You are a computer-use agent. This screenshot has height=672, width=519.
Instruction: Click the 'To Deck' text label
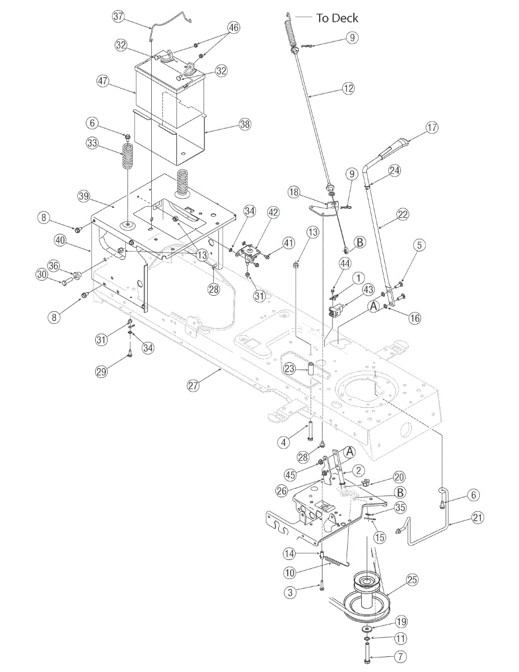tap(337, 18)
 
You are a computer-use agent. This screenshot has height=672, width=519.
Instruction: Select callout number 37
tap(118, 16)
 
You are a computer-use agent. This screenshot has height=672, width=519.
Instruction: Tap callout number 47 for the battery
tap(102, 81)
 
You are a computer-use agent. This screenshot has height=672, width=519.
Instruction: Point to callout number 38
tap(245, 125)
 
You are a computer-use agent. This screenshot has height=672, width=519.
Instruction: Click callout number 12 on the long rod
tap(349, 88)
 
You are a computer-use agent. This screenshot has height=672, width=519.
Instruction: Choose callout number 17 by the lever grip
tap(432, 127)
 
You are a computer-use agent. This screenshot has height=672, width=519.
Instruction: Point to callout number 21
tap(477, 518)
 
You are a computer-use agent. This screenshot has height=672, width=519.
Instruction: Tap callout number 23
tap(289, 368)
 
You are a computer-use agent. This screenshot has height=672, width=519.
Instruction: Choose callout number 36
tap(54, 266)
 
